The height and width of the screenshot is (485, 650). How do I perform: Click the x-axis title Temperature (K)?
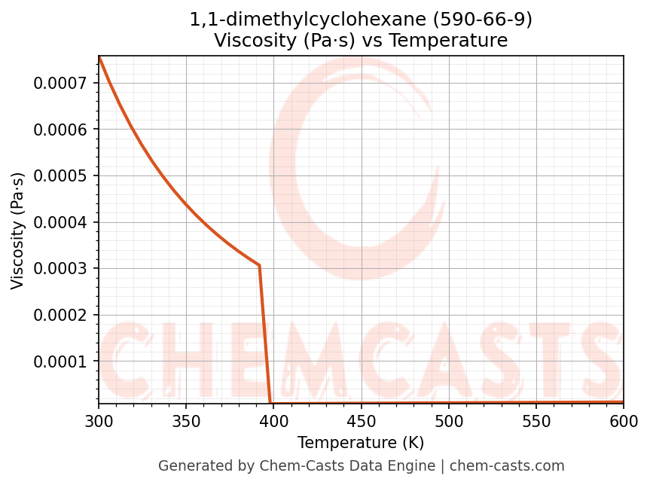[361, 443]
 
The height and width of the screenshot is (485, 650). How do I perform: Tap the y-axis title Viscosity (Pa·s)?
[18, 230]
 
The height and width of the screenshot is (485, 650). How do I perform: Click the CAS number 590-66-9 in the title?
[486, 20]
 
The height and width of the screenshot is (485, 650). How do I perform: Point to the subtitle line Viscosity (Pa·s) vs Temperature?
[361, 41]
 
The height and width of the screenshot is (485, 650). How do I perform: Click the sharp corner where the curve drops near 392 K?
[259, 265]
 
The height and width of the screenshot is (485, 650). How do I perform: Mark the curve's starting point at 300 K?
[99, 56]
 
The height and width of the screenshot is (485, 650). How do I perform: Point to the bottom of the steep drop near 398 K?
[270, 403]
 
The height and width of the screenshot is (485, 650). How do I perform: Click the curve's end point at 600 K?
[623, 402]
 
